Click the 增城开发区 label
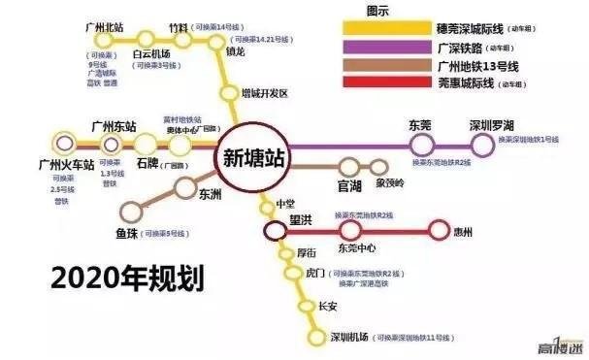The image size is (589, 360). tap(266, 94)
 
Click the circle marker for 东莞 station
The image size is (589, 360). tap(420, 146)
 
